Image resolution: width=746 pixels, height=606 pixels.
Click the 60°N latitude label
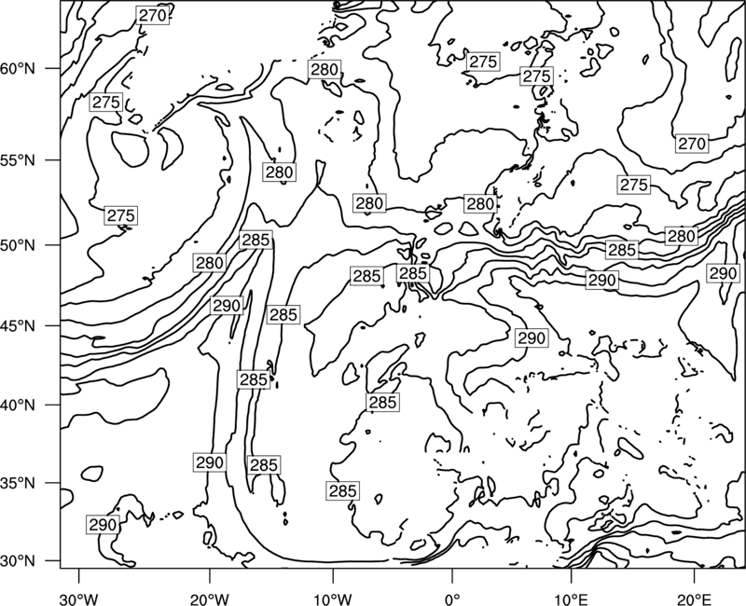click(17, 69)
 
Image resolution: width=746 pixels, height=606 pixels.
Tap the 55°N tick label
click(17, 160)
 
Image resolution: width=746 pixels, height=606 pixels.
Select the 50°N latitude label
click(17, 245)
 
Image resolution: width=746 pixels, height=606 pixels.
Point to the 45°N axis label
click(17, 325)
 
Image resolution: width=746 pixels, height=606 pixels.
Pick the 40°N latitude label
click(17, 406)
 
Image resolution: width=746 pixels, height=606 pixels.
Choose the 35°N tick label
click(17, 483)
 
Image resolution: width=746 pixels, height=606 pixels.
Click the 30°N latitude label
click(17, 561)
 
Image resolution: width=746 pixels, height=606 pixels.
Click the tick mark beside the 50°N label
click(53, 245)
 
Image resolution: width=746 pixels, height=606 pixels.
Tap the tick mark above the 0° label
click(452, 574)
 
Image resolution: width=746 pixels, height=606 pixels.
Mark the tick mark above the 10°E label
click(571, 574)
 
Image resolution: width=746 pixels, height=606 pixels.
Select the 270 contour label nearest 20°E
click(692, 144)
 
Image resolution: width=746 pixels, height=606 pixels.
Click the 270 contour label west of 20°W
click(153, 16)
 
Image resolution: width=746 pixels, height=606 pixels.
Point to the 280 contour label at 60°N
click(325, 70)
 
